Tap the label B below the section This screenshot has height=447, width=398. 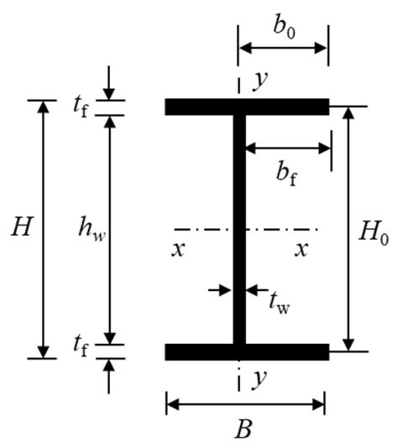[x=244, y=431]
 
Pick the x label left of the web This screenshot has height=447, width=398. [x=179, y=249]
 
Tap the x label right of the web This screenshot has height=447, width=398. [x=300, y=249]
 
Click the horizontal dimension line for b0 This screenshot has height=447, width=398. [x=283, y=48]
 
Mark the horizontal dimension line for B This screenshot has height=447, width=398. [x=245, y=405]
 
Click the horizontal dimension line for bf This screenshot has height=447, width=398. [x=288, y=148]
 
